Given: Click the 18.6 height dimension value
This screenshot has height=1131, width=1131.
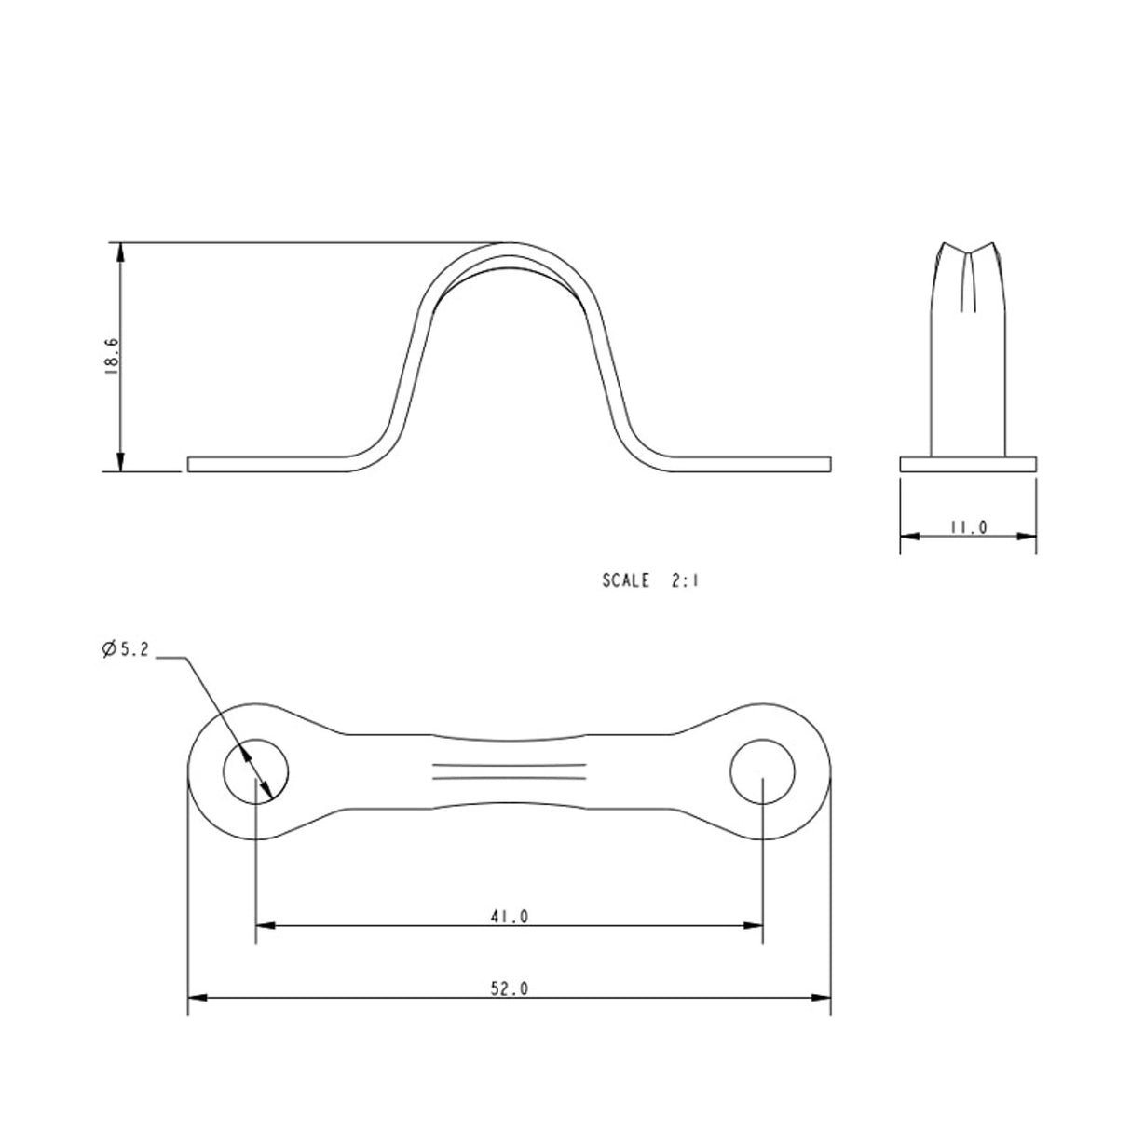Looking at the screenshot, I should click(x=110, y=356).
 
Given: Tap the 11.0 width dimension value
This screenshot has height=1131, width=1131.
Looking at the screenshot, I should click(x=968, y=528).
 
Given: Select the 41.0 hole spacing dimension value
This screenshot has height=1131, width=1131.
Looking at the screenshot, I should click(x=510, y=917).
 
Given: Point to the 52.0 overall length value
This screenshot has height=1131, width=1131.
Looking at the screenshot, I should click(x=510, y=989).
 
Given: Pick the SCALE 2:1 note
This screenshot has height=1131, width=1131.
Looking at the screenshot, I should click(x=650, y=580).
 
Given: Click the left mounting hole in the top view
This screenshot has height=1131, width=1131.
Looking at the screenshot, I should click(x=255, y=772).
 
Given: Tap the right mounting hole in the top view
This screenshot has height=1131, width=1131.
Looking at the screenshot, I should click(x=763, y=772).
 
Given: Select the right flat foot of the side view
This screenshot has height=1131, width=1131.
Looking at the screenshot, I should click(x=750, y=464).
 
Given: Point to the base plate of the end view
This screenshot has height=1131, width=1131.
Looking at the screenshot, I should click(x=968, y=464).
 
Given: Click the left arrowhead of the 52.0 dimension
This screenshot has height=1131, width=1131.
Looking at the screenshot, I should click(x=196, y=998).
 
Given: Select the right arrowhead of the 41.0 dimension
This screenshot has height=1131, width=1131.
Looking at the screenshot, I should click(x=756, y=925).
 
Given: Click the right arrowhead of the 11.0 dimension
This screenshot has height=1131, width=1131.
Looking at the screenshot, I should click(x=1029, y=536).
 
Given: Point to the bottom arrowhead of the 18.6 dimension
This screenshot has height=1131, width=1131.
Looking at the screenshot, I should click(x=119, y=464).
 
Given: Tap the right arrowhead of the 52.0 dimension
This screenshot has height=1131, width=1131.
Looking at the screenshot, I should click(x=824, y=998).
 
